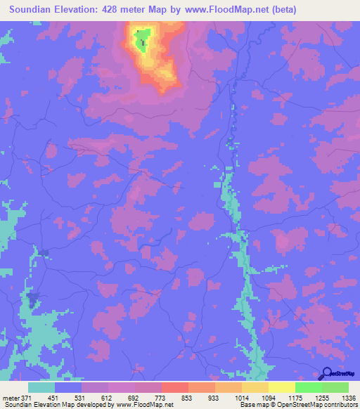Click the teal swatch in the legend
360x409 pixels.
41,387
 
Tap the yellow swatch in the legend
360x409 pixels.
281,387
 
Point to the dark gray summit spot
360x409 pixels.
143,44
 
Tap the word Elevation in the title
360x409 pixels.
79,10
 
